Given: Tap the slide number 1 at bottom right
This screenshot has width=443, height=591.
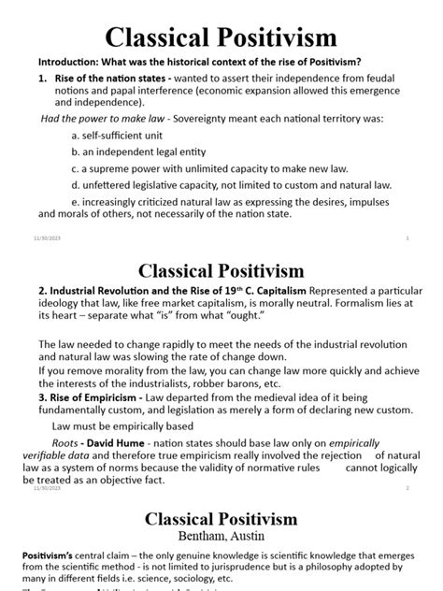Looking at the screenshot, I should click(x=408, y=238).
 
